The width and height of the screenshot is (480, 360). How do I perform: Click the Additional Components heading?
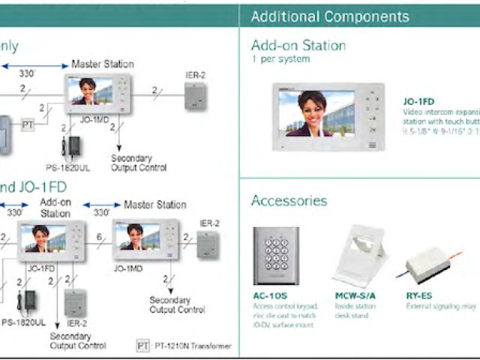tap(330, 16)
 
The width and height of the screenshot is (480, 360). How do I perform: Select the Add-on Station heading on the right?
tap(298, 45)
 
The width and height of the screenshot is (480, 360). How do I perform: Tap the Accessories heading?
tap(289, 200)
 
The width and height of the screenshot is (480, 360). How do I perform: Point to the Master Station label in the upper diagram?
tap(103, 64)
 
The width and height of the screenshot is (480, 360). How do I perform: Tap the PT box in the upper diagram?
tap(28, 124)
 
